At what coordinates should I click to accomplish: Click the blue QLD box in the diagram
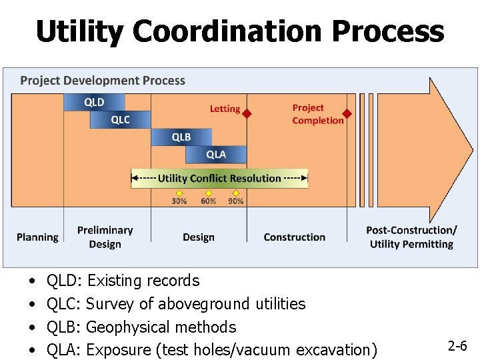coord(94,102)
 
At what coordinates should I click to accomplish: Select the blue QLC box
coord(120,119)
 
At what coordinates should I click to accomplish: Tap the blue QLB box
coord(181,137)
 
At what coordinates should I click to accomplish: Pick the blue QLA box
coord(215,154)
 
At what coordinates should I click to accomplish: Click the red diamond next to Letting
coord(246,114)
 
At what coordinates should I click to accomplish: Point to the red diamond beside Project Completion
coord(347,114)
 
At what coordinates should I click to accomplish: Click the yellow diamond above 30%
coord(179,193)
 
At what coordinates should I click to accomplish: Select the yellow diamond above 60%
coord(208,193)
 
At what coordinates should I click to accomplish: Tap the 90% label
coord(235,201)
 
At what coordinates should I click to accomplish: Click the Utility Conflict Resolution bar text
coord(219,179)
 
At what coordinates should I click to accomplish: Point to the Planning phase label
coord(37,237)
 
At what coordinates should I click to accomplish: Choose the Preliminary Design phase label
coord(105,237)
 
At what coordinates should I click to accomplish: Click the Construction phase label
coord(294,237)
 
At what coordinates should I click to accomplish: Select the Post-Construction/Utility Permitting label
coord(411,237)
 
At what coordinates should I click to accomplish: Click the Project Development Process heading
coord(103,81)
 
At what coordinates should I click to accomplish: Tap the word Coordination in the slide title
coord(239,31)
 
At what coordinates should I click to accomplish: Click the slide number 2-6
coord(457,346)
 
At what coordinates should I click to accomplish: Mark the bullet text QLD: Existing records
coord(123,281)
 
